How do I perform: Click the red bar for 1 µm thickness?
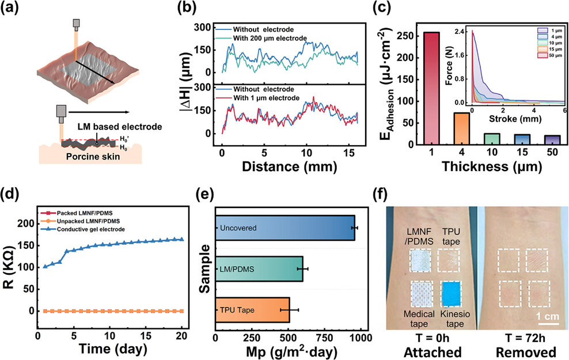(431, 88)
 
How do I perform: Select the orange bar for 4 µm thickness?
(461, 128)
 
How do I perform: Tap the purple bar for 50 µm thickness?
(552, 140)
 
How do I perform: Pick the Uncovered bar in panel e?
(285, 228)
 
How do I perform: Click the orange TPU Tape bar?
(253, 310)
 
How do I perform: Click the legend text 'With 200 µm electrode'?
(270, 38)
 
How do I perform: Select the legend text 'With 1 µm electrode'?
(266, 98)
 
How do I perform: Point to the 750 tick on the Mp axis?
(324, 338)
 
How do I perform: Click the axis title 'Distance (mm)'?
(289, 166)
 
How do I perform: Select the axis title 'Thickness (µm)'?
(492, 166)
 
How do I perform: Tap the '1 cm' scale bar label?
(548, 316)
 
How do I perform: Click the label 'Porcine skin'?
(93, 157)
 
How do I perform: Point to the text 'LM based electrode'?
(119, 127)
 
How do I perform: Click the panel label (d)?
(10, 195)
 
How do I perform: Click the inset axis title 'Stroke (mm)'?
(515, 119)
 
